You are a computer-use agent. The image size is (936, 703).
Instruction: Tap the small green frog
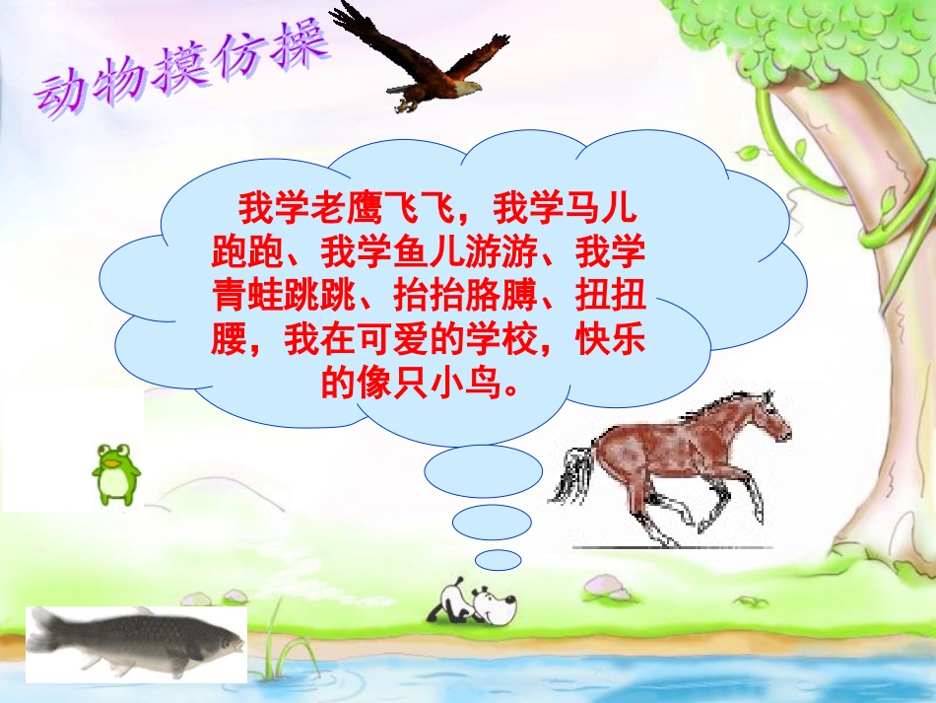click(115, 472)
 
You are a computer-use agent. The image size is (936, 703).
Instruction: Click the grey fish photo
click(133, 641)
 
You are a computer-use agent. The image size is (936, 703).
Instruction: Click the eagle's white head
click(470, 87)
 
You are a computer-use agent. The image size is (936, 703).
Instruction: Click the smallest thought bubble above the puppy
click(503, 560)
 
